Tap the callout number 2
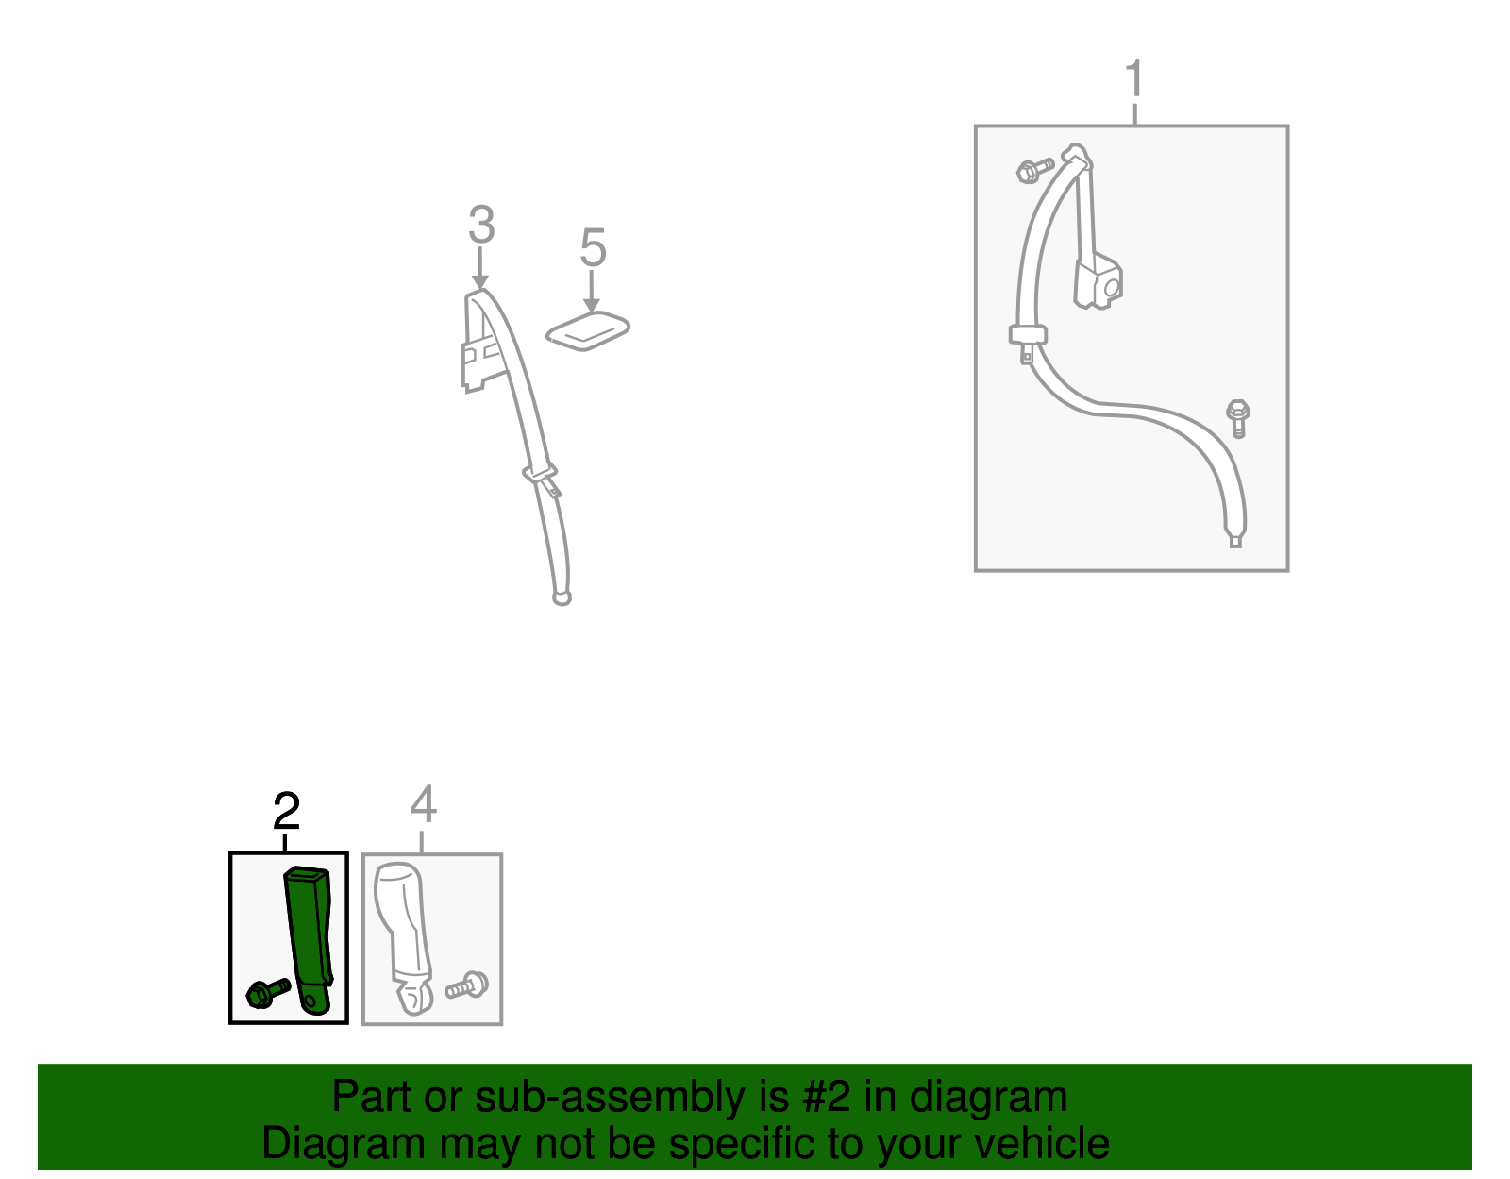[286, 810]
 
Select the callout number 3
[481, 224]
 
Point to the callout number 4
[423, 803]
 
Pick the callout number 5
[593, 247]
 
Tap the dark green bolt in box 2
[268, 993]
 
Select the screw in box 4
[467, 985]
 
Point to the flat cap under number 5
[588, 330]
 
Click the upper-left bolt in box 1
[1034, 170]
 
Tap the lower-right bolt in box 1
[1237, 418]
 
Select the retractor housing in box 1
[1098, 283]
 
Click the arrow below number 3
[479, 268]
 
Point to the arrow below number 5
[592, 292]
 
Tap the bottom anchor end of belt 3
[562, 598]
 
